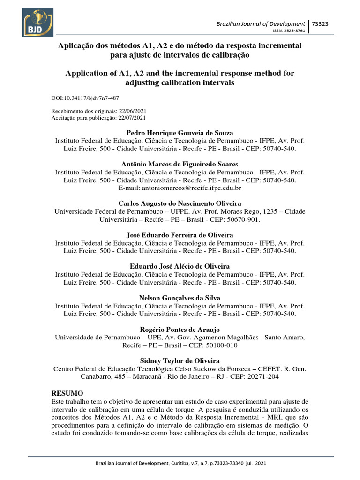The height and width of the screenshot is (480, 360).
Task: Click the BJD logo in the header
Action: click(37, 22)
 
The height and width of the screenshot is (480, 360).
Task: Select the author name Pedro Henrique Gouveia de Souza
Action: click(180, 133)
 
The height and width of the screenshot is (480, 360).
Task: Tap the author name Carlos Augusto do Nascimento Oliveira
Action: click(180, 203)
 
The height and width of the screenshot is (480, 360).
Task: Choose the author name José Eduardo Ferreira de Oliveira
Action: click(180, 235)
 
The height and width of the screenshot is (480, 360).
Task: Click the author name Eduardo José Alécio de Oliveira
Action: click(180, 266)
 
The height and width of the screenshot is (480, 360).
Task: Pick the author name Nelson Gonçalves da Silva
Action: click(180, 298)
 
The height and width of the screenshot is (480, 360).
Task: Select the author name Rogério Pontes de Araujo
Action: click(180, 330)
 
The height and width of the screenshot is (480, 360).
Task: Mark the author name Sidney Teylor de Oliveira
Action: click(180, 360)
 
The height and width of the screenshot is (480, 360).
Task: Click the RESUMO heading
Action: click(67, 392)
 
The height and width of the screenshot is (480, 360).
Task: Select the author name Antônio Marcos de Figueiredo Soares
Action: click(180, 164)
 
